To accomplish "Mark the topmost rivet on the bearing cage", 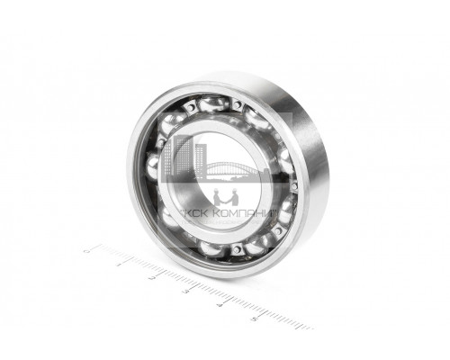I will pyautogui.click(x=236, y=105).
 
